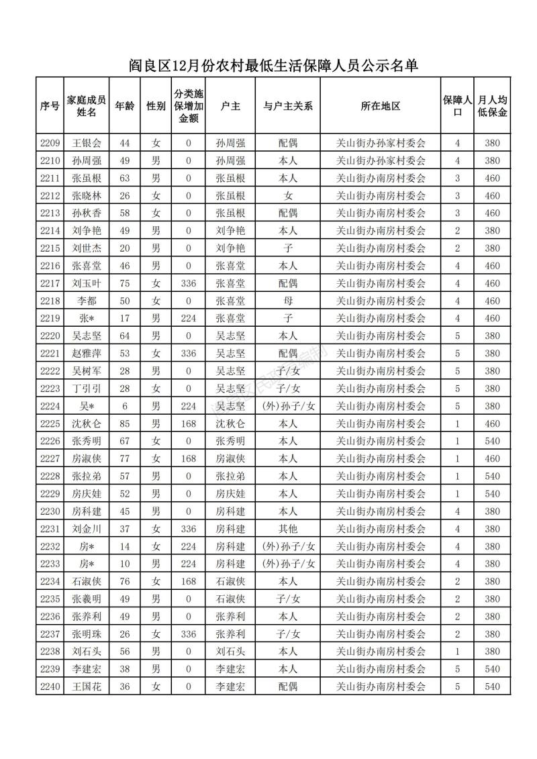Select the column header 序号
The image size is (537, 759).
click(50, 106)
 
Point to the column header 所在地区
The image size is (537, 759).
click(381, 106)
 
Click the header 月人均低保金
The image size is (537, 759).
click(493, 106)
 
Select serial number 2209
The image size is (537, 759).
click(50, 143)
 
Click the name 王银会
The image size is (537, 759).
click(87, 143)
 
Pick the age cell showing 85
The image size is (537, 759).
click(124, 423)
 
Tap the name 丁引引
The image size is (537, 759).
click(87, 389)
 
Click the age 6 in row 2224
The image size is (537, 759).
click(124, 406)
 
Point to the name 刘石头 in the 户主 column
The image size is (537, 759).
click(230, 652)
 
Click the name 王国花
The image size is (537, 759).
click(87, 687)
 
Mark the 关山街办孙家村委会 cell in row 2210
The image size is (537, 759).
click(381, 160)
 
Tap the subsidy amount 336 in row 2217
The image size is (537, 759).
click(189, 283)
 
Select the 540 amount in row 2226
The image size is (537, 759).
click(493, 441)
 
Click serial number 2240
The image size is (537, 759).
click(50, 687)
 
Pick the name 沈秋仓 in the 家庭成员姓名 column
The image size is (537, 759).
click(87, 423)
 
